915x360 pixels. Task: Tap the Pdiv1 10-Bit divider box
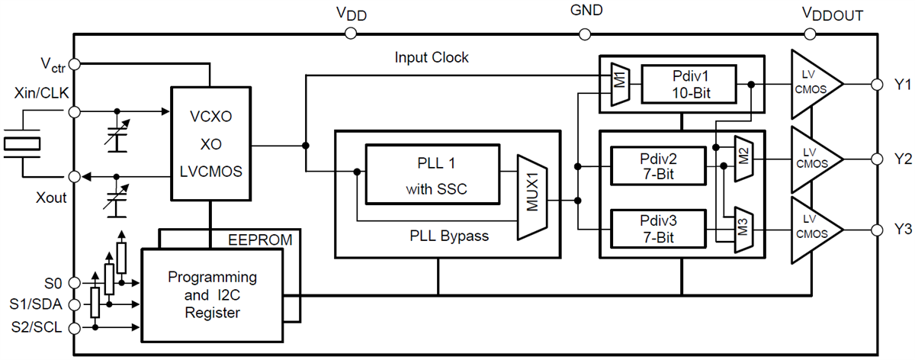pyautogui.click(x=689, y=84)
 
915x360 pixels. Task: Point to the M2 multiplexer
pyautogui.click(x=743, y=159)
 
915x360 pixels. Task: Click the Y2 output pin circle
pyautogui.click(x=875, y=159)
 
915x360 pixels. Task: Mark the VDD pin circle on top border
pyautogui.click(x=351, y=34)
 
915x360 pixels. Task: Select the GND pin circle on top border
pyautogui.click(x=586, y=34)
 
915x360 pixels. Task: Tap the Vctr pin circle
pyautogui.click(x=74, y=62)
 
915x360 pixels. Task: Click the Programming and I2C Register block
pyautogui.click(x=212, y=294)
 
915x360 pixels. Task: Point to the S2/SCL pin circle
pyautogui.click(x=74, y=328)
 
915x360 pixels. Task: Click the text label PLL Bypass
pyautogui.click(x=448, y=236)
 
